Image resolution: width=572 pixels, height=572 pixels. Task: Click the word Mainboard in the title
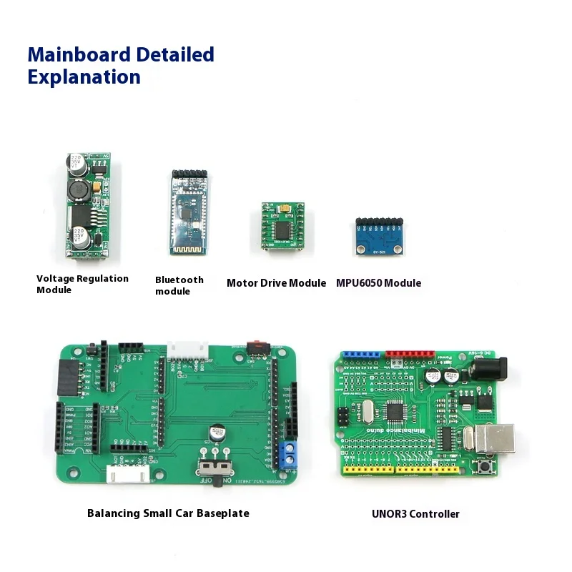[x=79, y=54]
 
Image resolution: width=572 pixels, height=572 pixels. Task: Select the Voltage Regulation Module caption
[x=82, y=284]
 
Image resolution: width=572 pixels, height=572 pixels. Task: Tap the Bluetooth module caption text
[x=179, y=285]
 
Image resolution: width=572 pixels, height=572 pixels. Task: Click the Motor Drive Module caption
[x=276, y=283]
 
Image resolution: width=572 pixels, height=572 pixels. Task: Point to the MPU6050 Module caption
[x=378, y=283]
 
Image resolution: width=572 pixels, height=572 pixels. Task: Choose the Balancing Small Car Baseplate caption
[x=168, y=513]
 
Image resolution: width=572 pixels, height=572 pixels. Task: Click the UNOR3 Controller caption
[x=415, y=513]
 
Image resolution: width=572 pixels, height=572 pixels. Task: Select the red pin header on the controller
[x=409, y=353]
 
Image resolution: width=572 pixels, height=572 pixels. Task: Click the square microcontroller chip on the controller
[x=395, y=411]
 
